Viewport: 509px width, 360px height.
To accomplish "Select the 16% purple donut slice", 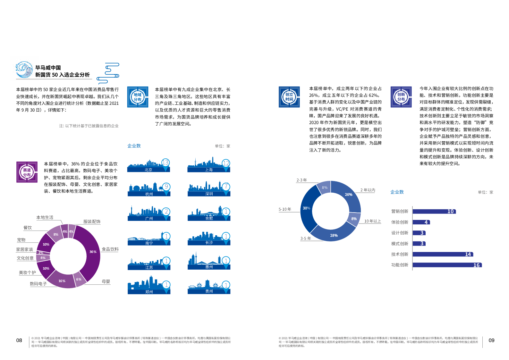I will (x=62, y=281).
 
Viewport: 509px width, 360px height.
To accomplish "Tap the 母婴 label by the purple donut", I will (x=106, y=281).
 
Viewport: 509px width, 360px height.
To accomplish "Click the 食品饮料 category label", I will (x=110, y=249).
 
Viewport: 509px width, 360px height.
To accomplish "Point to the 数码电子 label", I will (x=38, y=284).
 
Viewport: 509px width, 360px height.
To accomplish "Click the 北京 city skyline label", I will (x=148, y=170).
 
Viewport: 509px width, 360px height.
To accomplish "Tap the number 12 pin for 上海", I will (x=226, y=163).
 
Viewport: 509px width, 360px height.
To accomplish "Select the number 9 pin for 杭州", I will (x=166, y=187).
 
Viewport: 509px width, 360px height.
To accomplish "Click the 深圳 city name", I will (x=209, y=194).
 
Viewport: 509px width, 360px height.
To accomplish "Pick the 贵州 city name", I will (x=209, y=291).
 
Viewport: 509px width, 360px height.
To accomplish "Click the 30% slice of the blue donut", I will (x=306, y=208).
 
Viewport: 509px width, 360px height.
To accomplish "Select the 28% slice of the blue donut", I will (x=334, y=235).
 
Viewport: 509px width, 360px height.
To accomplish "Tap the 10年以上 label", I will (x=372, y=221).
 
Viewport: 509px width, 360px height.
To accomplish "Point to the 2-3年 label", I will (x=301, y=180).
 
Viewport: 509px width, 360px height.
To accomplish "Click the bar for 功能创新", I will (x=447, y=265).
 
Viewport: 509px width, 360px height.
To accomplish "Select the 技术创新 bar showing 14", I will (x=443, y=254).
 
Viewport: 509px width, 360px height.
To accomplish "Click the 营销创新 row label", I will (x=400, y=211).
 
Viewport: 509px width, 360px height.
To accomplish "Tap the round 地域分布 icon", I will (x=138, y=97).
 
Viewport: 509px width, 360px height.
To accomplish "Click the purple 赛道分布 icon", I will (x=27, y=172).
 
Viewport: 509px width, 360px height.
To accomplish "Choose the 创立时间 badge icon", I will (x=289, y=97).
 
